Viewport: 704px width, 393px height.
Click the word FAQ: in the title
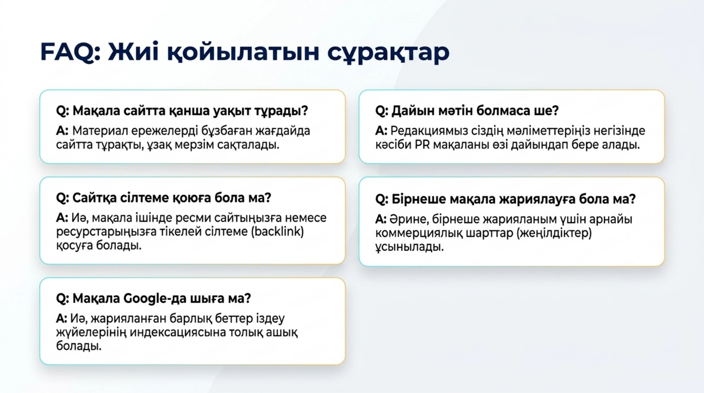(x=70, y=52)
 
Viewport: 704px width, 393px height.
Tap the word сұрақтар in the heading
(x=388, y=53)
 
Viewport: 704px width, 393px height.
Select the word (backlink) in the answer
(x=277, y=231)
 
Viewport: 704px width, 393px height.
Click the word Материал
(x=100, y=131)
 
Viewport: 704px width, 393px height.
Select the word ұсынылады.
(x=410, y=247)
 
